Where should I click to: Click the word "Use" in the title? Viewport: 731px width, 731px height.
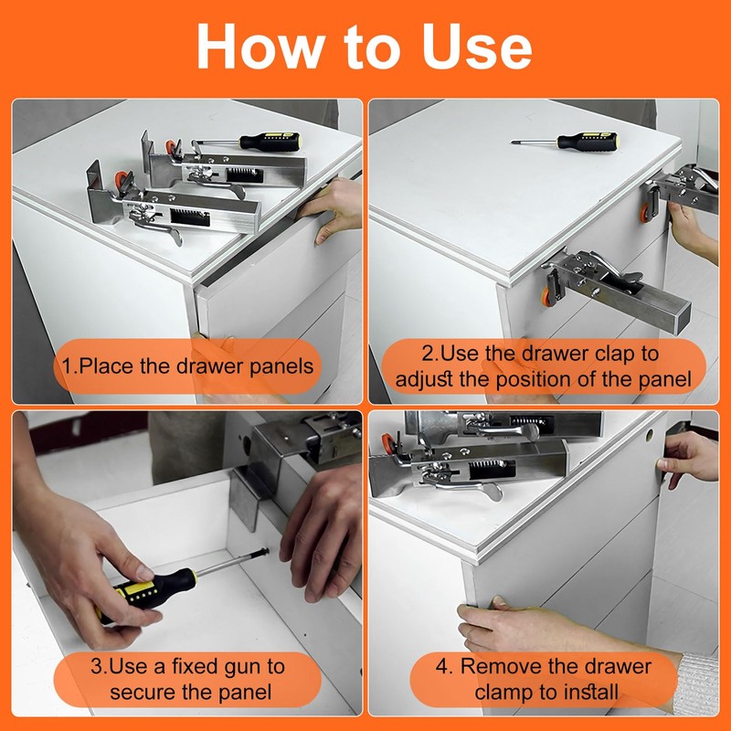477,48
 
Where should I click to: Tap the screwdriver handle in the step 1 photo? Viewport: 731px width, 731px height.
270,142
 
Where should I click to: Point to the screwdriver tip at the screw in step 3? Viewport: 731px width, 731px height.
265,552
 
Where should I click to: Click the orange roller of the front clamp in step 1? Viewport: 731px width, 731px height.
121,180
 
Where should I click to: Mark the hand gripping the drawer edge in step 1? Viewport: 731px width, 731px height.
333,209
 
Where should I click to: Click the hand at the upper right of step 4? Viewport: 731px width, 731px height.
688,460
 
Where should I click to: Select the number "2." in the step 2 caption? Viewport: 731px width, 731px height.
429,354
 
